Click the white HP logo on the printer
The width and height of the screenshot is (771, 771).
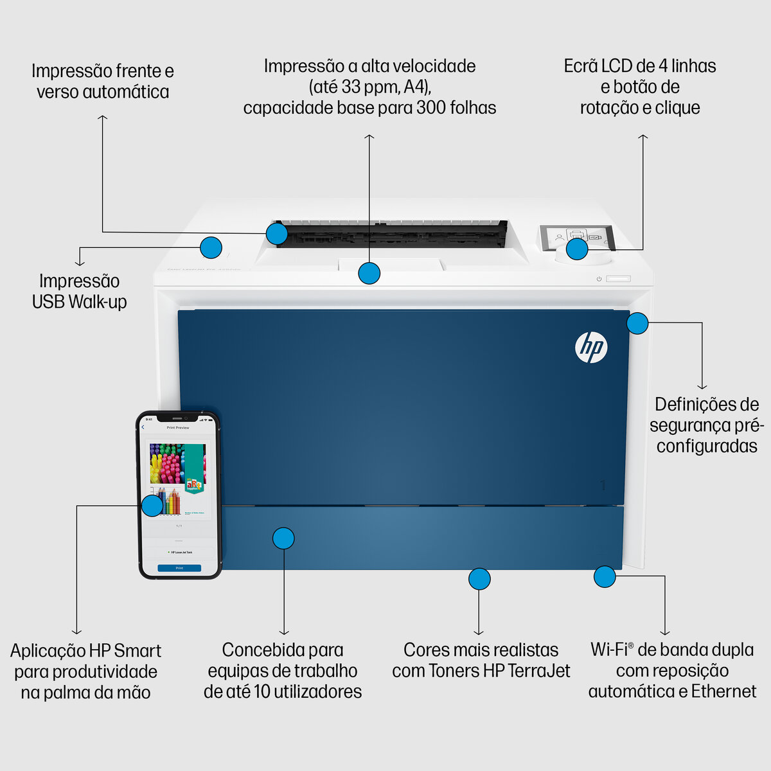point(590,348)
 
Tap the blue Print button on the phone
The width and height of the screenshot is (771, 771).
point(179,568)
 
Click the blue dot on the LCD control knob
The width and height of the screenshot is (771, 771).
point(577,249)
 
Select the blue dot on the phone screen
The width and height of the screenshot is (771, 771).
point(152,506)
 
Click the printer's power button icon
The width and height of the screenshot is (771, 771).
point(599,279)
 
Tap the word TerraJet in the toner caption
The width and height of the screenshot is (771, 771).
point(538,671)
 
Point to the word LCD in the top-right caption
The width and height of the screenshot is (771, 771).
point(617,66)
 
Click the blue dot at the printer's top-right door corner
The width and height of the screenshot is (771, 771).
point(637,323)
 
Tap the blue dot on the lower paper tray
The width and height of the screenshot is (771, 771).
point(283,538)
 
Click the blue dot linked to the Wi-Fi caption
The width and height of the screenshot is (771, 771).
point(605,576)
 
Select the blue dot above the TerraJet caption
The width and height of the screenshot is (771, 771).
point(479,579)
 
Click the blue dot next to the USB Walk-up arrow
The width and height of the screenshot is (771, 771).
point(211,247)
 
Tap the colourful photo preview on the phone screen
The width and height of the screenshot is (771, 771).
point(177,464)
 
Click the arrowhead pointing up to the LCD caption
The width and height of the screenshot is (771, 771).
point(642,137)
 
